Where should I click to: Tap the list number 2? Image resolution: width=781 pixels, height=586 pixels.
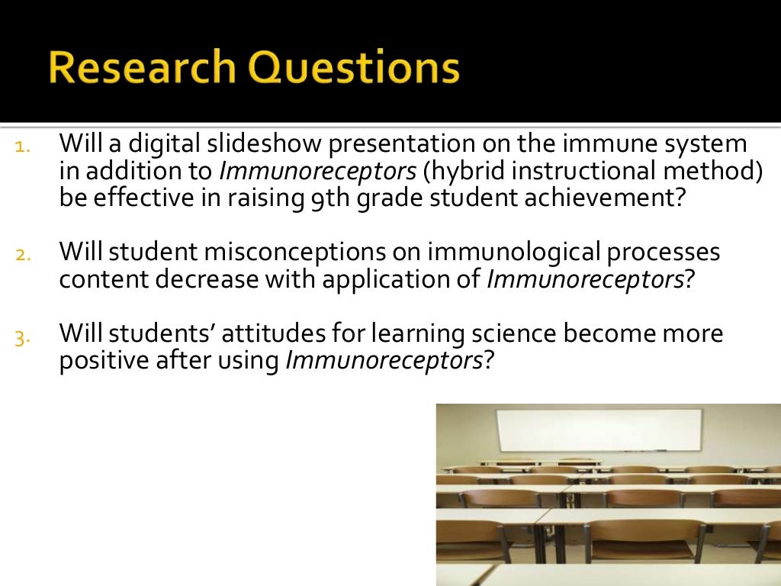21,255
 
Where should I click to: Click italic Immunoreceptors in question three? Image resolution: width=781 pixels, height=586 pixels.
384,361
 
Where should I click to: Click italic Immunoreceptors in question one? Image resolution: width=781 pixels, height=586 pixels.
317,171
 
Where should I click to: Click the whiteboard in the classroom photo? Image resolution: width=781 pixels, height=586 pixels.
599,430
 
